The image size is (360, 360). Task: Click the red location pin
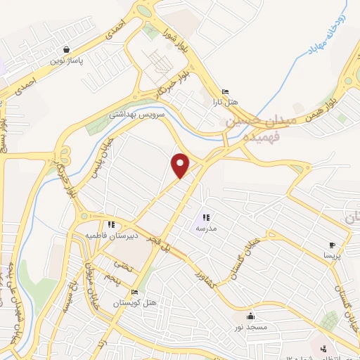[181, 166]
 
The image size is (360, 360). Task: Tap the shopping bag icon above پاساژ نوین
[66, 50]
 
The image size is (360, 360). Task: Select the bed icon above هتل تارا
[224, 92]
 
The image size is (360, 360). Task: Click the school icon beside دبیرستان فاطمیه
[112, 224]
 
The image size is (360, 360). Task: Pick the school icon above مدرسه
[207, 217]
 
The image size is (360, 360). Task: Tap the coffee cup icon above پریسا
[332, 245]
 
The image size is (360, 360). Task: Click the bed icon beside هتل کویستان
[135, 292]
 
